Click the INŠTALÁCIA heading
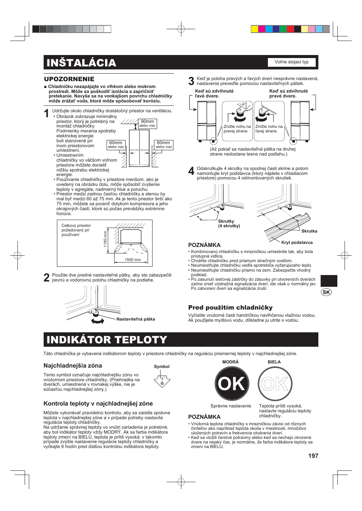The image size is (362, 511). [81, 63]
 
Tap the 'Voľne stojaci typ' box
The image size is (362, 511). [291, 62]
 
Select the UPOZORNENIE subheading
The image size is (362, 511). [69, 79]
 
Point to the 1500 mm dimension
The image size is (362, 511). [132, 260]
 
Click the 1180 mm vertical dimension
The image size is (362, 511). [105, 239]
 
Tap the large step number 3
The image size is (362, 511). [191, 81]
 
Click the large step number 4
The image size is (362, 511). [191, 171]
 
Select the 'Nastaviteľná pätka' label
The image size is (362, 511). [135, 319]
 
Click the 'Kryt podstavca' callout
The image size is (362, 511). [297, 243]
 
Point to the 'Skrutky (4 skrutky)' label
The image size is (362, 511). [229, 223]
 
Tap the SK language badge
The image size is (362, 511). [326, 292]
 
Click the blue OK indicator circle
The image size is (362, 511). [232, 384]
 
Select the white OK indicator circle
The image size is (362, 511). [275, 384]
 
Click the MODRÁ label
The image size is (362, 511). [230, 362]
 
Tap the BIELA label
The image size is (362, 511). [274, 362]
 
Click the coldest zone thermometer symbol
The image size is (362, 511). [162, 380]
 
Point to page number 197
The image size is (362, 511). [313, 456]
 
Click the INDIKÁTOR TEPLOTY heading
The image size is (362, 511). [107, 340]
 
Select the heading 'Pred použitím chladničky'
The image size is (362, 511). [230, 308]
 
